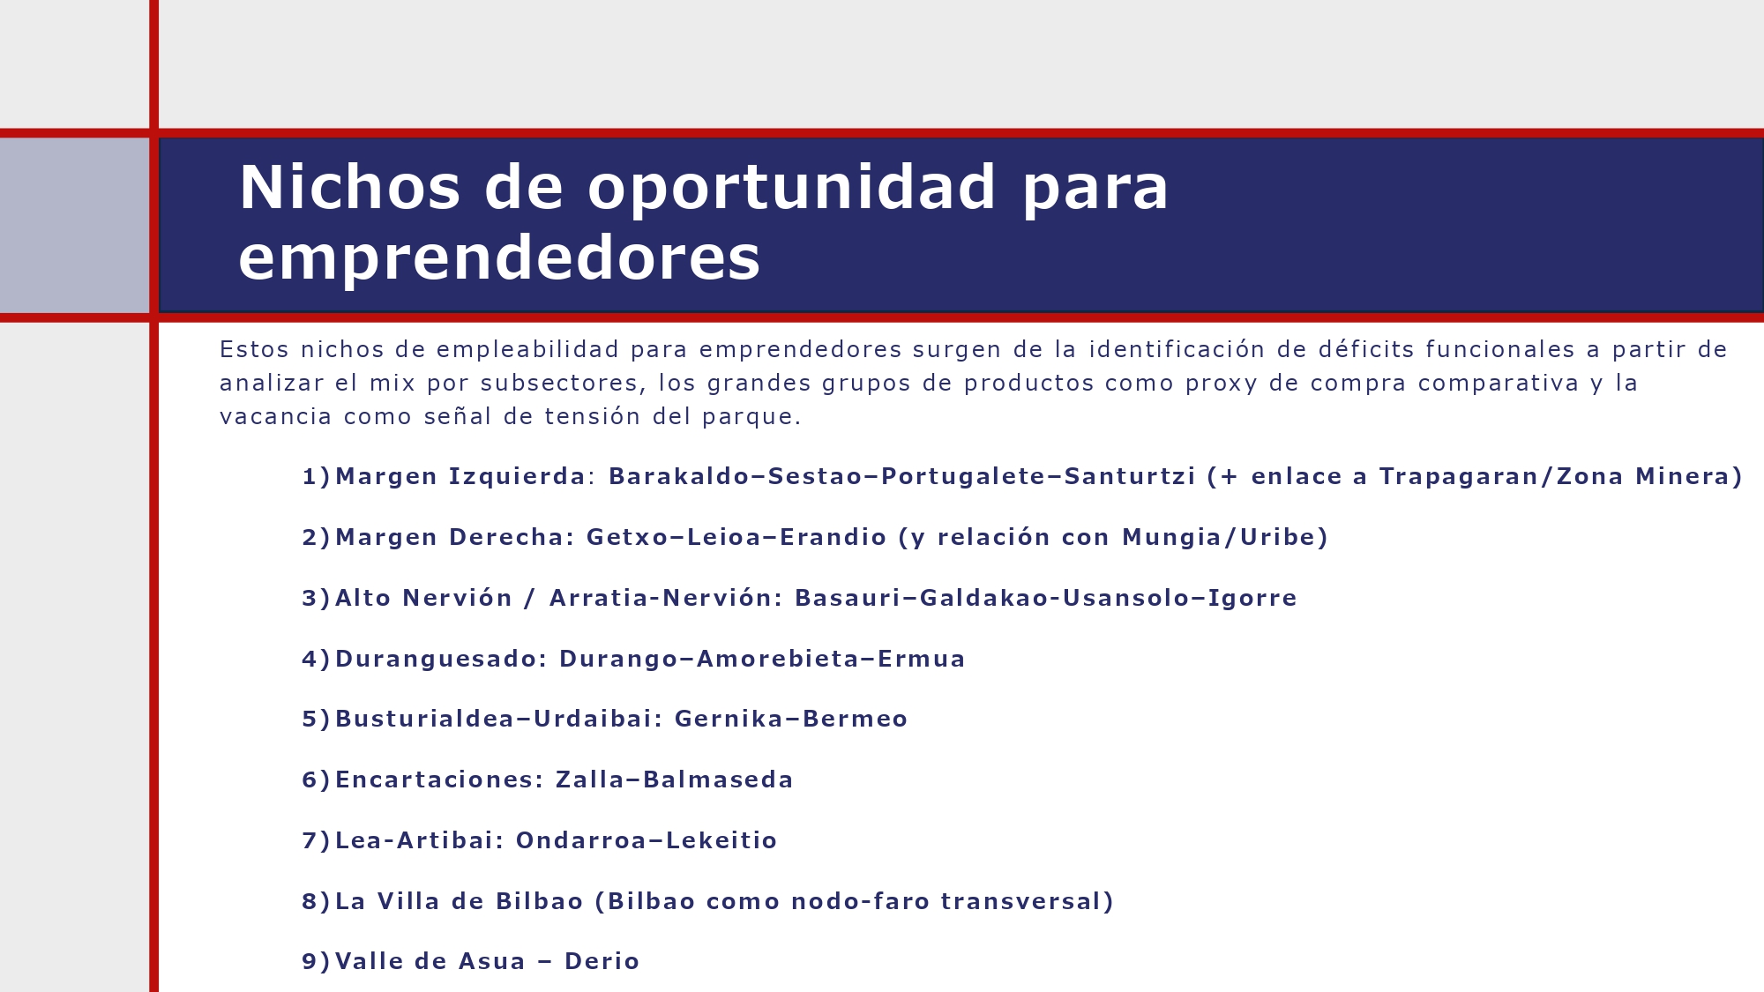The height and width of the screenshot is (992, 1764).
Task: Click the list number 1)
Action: pyautogui.click(x=316, y=477)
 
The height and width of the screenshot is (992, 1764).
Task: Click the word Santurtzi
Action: pyautogui.click(x=1130, y=477)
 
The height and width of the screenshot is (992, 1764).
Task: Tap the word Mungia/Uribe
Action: pyautogui.click(x=1224, y=538)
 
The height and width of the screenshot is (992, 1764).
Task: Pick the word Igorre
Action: pyautogui.click(x=1252, y=599)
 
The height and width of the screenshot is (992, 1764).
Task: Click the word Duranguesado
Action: pyautogui.click(x=441, y=660)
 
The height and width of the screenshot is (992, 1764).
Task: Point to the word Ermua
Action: pyautogui.click(x=922, y=660)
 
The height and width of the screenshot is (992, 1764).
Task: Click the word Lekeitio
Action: pyautogui.click(x=721, y=841)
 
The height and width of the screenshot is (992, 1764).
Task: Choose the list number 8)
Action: pyautogui.click(x=316, y=902)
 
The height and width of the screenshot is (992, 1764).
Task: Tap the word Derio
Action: pyautogui.click(x=602, y=962)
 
